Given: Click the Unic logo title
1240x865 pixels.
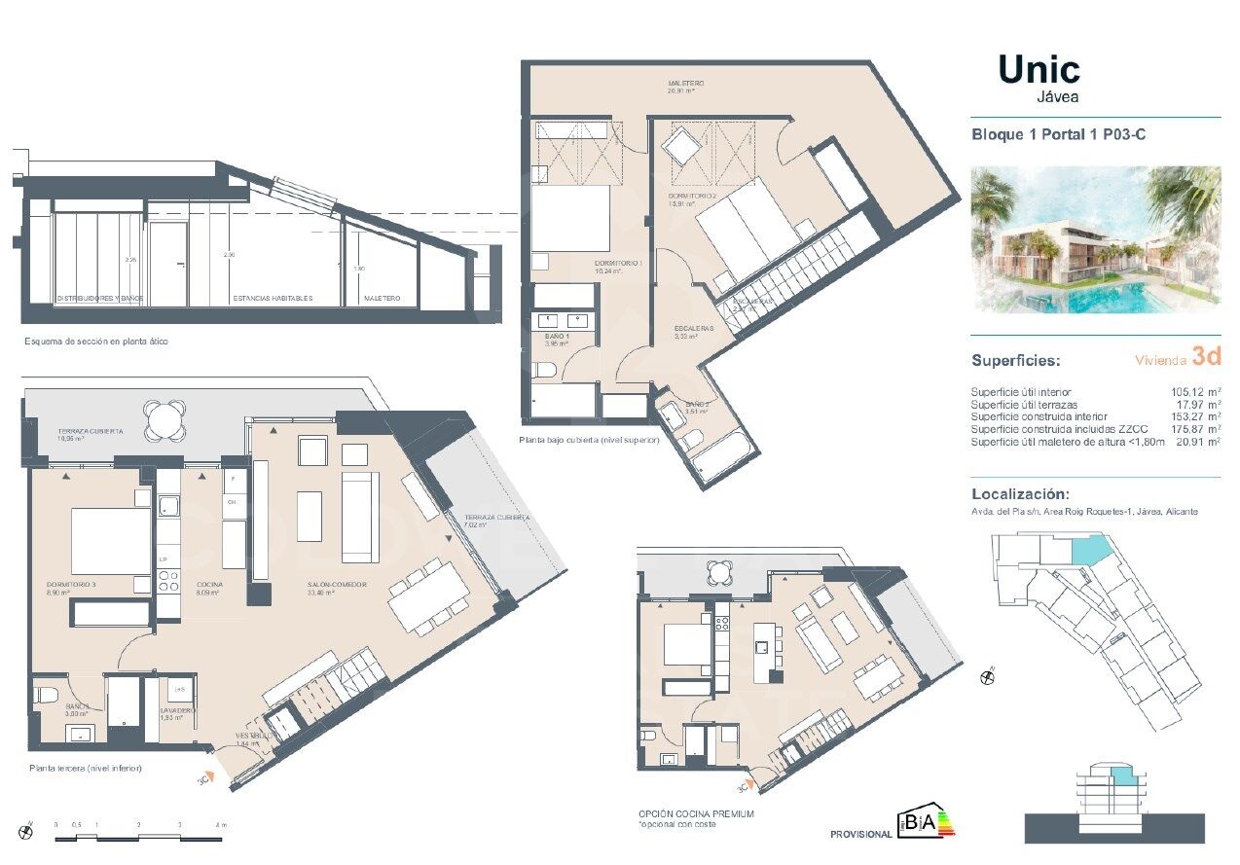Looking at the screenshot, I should point(1039,70).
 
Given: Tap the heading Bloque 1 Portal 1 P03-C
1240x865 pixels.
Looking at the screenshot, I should point(1058,135).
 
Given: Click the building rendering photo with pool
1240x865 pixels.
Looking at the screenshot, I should point(1096,238).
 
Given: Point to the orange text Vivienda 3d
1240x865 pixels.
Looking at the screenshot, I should point(1178,358).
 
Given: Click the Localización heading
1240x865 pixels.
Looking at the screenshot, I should point(1020,493).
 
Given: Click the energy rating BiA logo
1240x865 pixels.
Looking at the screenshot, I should point(926,822).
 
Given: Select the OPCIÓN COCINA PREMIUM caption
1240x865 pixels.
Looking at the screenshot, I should point(696,813).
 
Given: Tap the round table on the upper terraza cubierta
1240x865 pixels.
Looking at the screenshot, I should point(162,420).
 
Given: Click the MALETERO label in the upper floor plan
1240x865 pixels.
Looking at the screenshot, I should point(686,84).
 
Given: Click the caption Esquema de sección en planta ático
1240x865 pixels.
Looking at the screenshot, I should point(96,342).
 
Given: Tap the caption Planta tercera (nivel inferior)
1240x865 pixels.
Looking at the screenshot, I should point(86,768).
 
